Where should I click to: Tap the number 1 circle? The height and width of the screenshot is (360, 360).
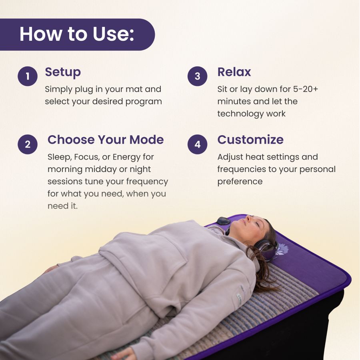pos(28,76)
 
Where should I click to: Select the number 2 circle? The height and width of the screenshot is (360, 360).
pos(28,144)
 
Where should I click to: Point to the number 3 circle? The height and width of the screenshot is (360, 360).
pos(198,76)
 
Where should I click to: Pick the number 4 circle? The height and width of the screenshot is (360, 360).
pos(198,144)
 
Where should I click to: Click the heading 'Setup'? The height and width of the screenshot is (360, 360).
pos(63,72)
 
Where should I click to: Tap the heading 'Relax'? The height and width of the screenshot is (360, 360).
pos(234,72)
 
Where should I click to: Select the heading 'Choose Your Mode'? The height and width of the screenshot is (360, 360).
pos(106,140)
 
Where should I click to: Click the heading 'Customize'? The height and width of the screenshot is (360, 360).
pos(250,140)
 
